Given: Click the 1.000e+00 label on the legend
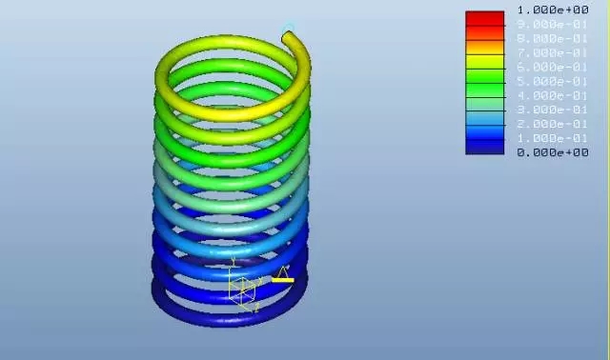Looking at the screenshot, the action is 553,10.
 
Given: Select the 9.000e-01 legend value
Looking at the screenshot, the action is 553,24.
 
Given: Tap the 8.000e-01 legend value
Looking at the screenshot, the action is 553,38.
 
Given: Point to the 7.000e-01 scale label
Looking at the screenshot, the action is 553,52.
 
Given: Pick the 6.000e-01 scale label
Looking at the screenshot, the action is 553,67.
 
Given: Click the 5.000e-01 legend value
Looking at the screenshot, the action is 553,81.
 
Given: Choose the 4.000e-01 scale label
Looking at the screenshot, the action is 553,95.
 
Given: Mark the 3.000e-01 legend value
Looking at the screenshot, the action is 553,110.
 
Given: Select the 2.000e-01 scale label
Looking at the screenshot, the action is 553,124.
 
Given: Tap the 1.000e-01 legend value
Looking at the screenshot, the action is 553,138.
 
